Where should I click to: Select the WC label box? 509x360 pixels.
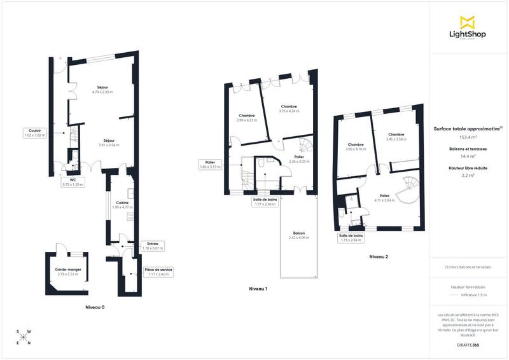pos(72,182)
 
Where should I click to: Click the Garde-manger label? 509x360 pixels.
pos(66,272)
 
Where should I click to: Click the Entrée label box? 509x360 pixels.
pos(153,246)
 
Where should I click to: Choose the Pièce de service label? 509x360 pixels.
pos(158,272)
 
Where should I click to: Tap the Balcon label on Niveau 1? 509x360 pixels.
pos(299,235)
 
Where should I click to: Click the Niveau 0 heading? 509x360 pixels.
pos(95,307)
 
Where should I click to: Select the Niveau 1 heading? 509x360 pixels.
pos(258,289)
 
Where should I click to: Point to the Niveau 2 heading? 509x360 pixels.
pos(379,257)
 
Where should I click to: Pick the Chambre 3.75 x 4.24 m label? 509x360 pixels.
pos(288,109)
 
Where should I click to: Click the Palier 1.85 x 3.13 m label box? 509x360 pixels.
pos(209,165)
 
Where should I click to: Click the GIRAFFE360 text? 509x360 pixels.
pos(467,345)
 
